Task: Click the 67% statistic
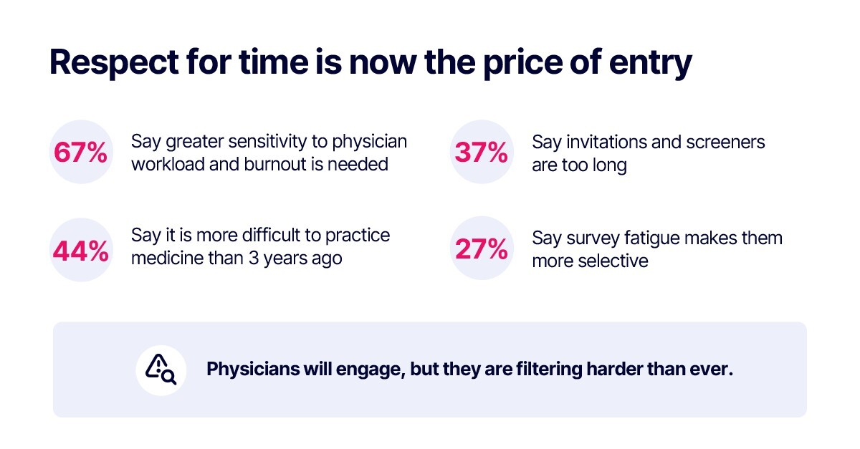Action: tap(80, 153)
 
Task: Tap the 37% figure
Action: tap(482, 153)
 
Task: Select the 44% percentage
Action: tap(80, 251)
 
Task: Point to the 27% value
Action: tap(482, 248)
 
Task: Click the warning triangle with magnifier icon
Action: tap(161, 370)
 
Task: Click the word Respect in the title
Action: tap(114, 62)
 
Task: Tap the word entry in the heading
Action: tap(651, 64)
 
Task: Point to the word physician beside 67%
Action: tap(369, 143)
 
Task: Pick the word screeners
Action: tap(725, 142)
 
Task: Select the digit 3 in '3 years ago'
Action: tap(254, 259)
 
